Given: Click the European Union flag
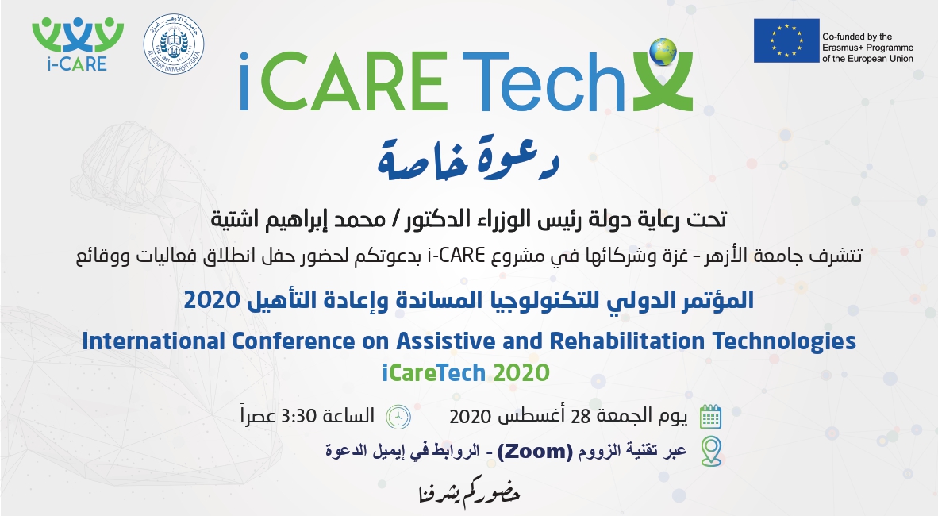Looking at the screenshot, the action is (x=786, y=40).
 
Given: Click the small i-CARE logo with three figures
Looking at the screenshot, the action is (x=77, y=44).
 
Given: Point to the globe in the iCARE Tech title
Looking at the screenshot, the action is (x=662, y=52).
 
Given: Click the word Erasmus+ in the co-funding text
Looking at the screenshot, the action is (x=843, y=48).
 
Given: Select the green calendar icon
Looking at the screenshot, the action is (x=710, y=416).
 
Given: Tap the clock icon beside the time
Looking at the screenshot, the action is (x=398, y=416).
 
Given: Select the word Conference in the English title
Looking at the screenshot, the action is (x=293, y=341).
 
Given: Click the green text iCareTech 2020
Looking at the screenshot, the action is (x=465, y=373).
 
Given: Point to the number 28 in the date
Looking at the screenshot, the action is (x=581, y=416).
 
